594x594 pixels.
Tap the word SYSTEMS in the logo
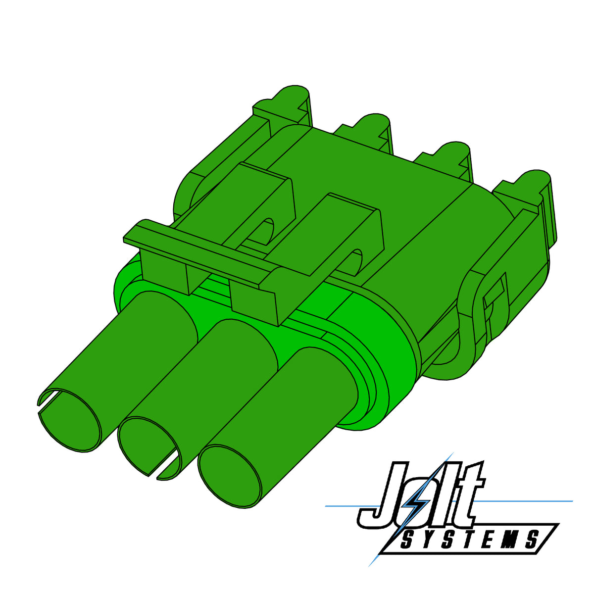point(468,540)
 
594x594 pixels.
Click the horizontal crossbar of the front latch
point(198,250)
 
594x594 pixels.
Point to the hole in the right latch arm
point(355,262)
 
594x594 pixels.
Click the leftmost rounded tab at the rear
point(292,97)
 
